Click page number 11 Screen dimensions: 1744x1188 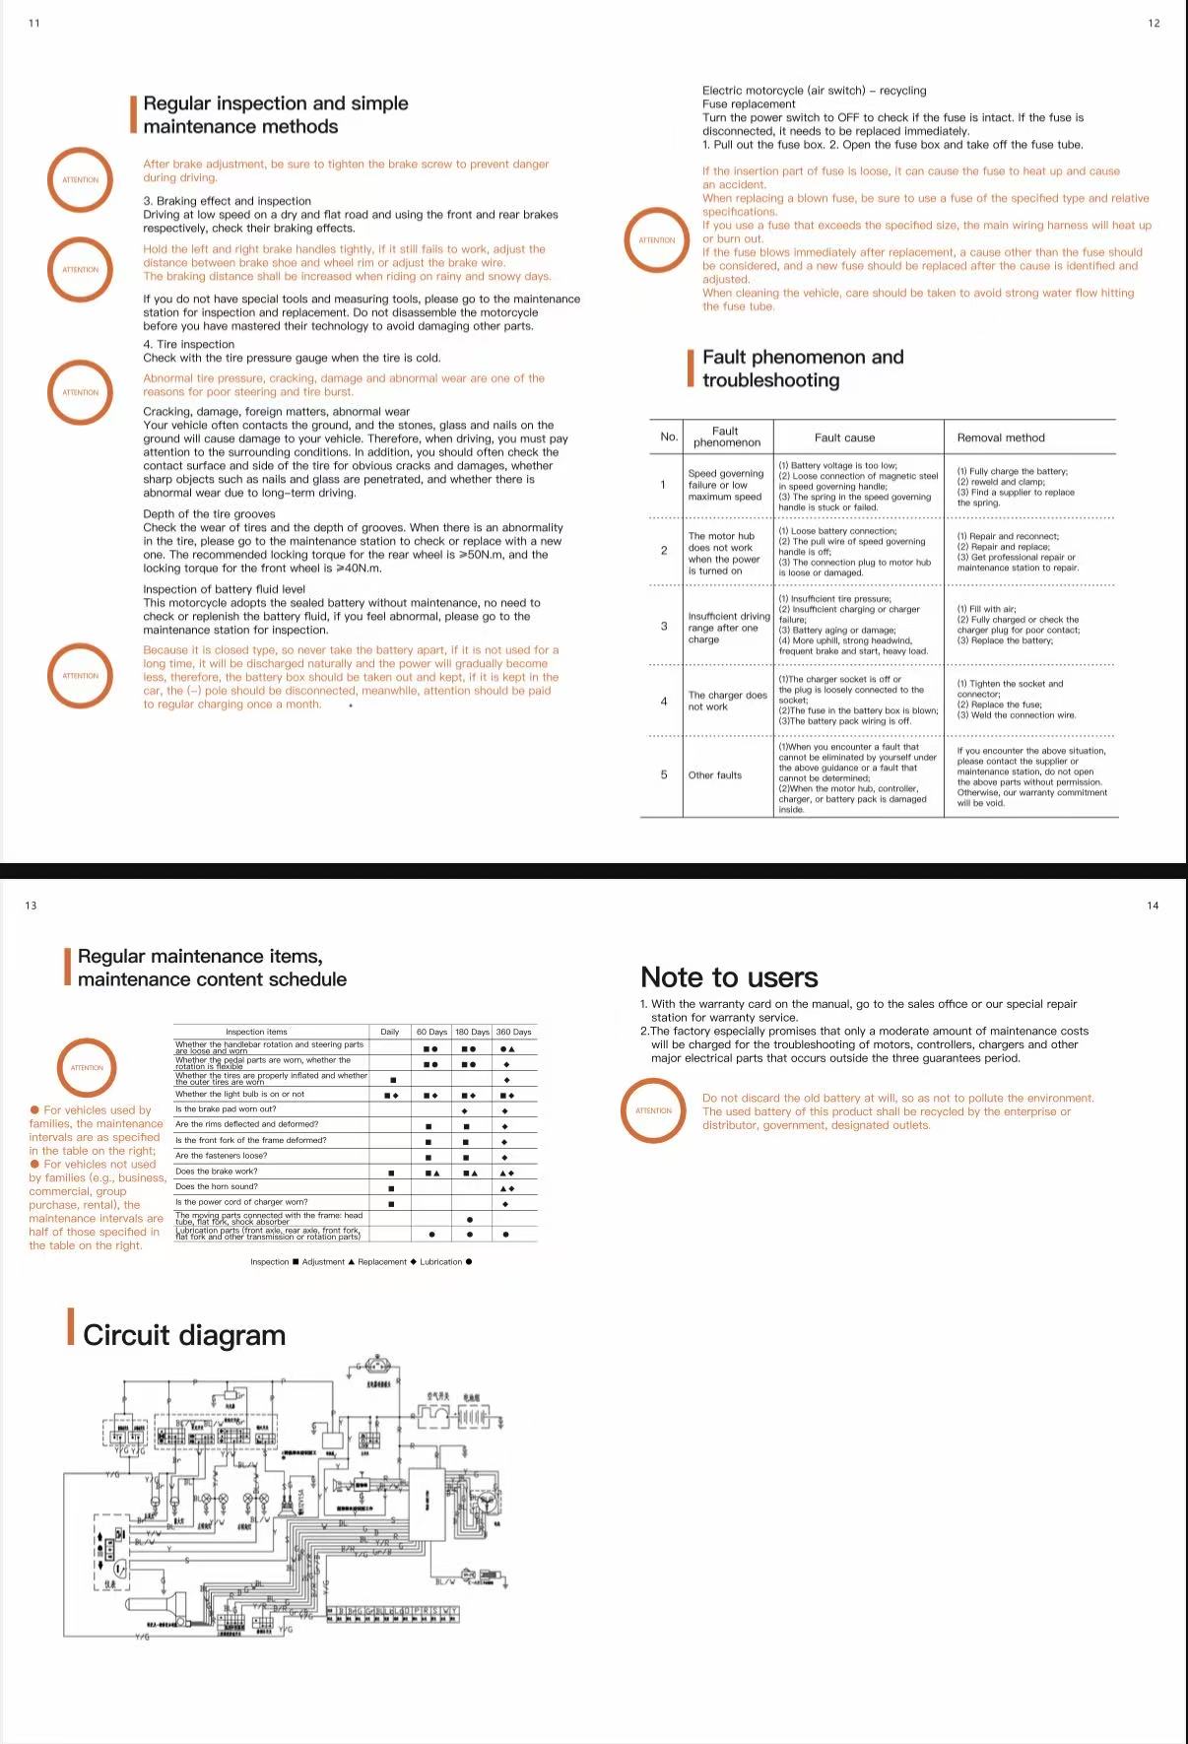pos(34,24)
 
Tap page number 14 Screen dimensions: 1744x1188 pos(1153,906)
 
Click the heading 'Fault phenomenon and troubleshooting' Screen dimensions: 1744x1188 pos(802,369)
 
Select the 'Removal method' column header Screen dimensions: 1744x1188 pos(1000,437)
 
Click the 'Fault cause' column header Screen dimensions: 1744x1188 pos(844,437)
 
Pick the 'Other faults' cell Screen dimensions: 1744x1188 pos(714,775)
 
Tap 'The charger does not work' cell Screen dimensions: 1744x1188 pos(727,701)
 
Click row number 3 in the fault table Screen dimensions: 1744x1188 pos(663,626)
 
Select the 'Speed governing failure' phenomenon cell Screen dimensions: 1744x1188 pos(725,485)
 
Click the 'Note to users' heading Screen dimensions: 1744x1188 pos(729,977)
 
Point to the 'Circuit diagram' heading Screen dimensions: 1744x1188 pos(184,1335)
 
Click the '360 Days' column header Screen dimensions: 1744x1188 pos(513,1032)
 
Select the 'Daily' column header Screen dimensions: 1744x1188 pos(390,1032)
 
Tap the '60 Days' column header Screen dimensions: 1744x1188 pos(431,1032)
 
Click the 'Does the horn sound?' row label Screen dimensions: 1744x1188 pos(216,1186)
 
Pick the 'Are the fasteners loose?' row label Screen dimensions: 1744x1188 pos(221,1156)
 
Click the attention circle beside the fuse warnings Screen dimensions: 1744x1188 pos(657,239)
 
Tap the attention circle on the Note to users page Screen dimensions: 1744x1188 pos(653,1110)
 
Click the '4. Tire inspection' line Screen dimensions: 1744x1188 pos(189,345)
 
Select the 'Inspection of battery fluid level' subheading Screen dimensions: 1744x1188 pos(225,589)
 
